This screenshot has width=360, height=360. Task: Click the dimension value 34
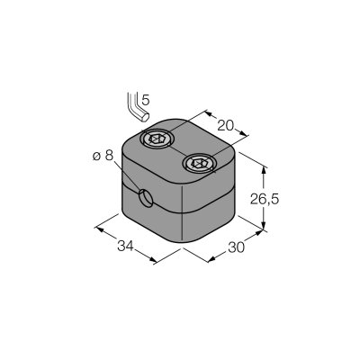point(125,247)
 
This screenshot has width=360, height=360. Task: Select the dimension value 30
point(237,247)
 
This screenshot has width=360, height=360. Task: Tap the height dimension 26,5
point(265,199)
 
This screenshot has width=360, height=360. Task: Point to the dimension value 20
point(225,126)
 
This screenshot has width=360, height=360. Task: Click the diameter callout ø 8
point(103,156)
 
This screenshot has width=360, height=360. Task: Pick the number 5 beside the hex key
point(145,100)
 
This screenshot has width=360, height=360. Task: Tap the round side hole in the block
point(146,199)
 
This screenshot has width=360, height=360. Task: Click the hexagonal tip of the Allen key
point(145,118)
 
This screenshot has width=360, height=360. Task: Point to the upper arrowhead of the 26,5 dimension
point(264,170)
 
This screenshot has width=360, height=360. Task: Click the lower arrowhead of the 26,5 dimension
point(264,226)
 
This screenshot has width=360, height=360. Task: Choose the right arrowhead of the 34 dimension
point(153,259)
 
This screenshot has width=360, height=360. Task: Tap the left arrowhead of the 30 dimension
point(212,258)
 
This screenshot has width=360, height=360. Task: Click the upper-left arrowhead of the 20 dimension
point(209,113)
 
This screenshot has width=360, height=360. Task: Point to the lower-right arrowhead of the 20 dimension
point(244,133)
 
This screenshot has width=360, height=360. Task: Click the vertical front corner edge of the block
point(183,213)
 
